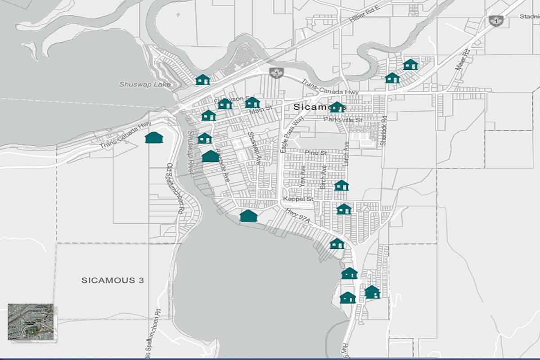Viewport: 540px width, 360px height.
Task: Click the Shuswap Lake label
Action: (x=145, y=84)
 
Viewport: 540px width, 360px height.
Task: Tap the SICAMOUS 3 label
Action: (x=112, y=280)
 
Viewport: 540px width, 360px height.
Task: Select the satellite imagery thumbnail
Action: (x=31, y=321)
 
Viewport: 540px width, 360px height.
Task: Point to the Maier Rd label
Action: (x=462, y=59)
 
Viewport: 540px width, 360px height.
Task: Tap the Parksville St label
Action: (x=343, y=120)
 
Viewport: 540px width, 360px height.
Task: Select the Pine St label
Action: (x=315, y=153)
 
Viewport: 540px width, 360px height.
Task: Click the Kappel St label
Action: (x=298, y=199)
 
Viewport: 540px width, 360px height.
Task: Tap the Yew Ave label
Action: (x=302, y=176)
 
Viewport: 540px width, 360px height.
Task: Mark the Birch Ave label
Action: (x=323, y=176)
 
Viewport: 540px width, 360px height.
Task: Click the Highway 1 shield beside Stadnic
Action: (x=496, y=21)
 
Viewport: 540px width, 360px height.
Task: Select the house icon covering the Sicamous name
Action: (x=337, y=107)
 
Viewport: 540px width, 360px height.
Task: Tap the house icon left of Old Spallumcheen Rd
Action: (x=154, y=137)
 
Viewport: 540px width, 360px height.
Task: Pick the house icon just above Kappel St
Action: (x=342, y=185)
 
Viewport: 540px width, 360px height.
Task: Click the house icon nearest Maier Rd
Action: (x=410, y=64)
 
